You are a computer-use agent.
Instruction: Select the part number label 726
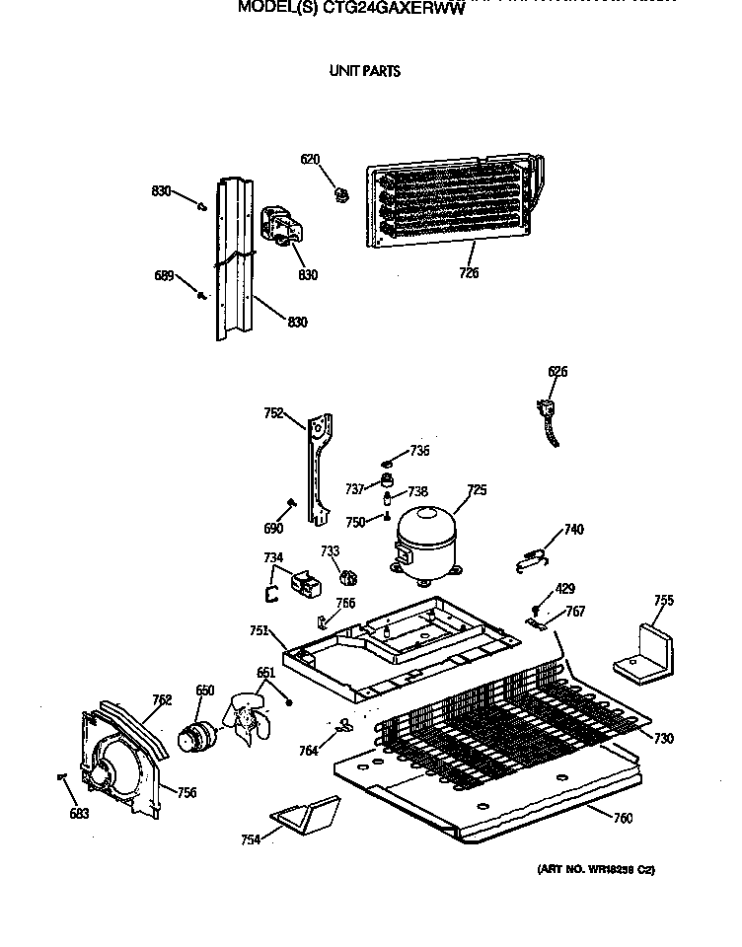[468, 272]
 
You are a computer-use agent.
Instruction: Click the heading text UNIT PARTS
[364, 71]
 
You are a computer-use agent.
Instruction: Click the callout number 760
[623, 818]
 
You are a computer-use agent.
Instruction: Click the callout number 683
[78, 814]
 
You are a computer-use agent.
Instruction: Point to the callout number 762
[162, 700]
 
